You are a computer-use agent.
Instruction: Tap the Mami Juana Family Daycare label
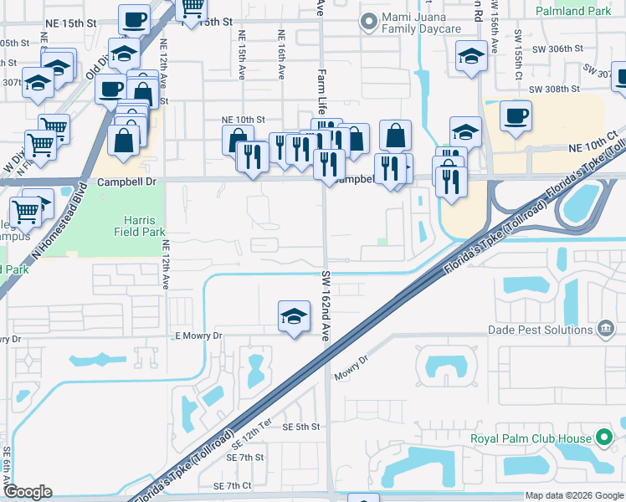click(x=422, y=23)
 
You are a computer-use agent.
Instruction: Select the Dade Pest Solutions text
click(x=541, y=330)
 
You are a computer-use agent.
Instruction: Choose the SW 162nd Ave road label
click(x=326, y=305)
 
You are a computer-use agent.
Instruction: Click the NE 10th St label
click(x=243, y=120)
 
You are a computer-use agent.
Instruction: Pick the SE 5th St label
click(x=301, y=427)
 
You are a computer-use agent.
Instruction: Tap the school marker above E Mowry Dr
click(x=293, y=316)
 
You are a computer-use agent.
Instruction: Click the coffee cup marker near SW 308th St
click(x=516, y=114)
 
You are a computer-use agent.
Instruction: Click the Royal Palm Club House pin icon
click(x=603, y=438)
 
